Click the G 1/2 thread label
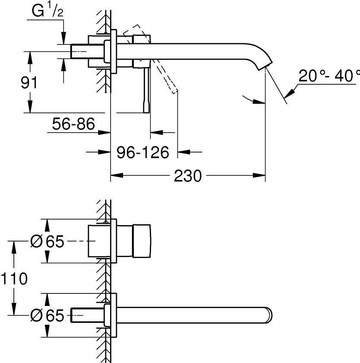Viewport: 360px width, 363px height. (x=48, y=12)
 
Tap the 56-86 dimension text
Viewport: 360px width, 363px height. (x=73, y=125)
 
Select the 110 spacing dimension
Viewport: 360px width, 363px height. (x=14, y=279)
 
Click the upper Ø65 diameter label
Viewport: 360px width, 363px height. (x=47, y=242)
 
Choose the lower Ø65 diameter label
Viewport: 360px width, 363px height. (x=47, y=316)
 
